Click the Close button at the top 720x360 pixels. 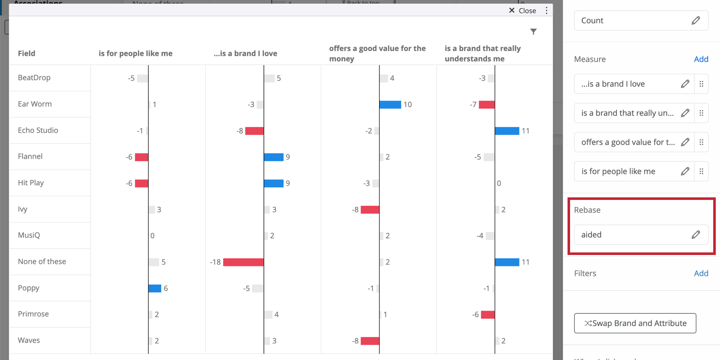pos(523,11)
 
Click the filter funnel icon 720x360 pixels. pos(533,32)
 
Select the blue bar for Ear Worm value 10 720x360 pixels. pos(390,105)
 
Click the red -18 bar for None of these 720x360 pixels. pos(244,262)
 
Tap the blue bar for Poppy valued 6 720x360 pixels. pos(155,288)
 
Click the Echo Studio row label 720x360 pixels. pos(38,130)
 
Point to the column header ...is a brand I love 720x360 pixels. pos(245,53)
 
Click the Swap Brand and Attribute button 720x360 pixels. pos(635,323)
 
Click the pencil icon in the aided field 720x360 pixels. pos(695,235)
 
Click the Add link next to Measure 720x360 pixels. pos(701,59)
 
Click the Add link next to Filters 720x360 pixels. pos(701,274)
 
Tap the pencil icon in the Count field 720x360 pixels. pos(695,20)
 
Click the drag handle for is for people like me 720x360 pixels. pos(701,172)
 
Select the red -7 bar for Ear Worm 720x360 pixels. pos(487,105)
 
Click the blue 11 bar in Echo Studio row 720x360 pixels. pos(507,131)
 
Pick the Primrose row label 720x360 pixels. pos(33,314)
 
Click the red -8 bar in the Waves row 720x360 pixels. pos(370,341)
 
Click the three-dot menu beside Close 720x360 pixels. pos(546,11)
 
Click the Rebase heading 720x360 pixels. pos(587,210)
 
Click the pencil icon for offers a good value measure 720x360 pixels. pos(685,142)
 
